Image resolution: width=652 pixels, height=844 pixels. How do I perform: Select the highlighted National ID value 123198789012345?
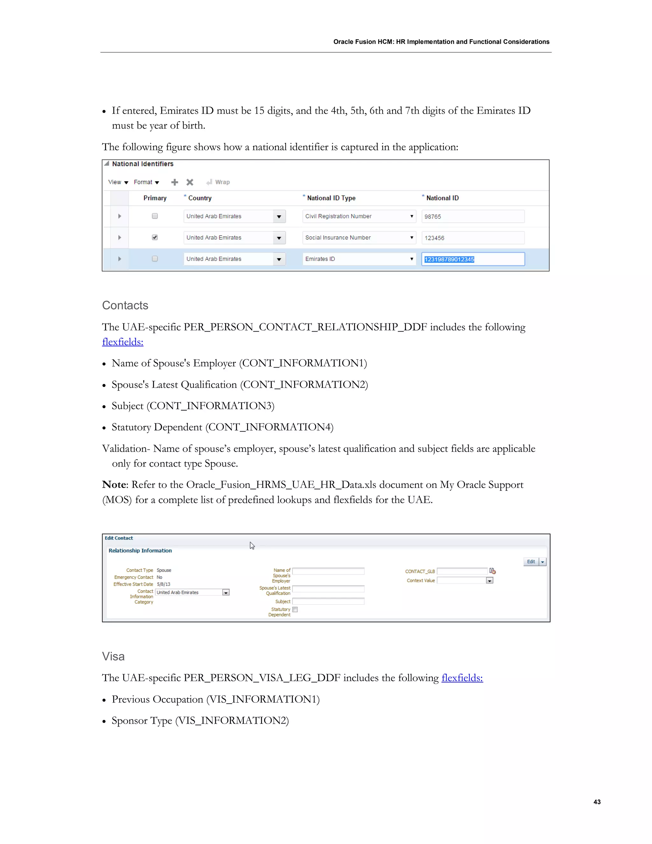point(449,259)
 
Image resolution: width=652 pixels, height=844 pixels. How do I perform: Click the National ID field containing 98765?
point(472,216)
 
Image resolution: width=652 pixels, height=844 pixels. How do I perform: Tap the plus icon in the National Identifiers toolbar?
point(174,182)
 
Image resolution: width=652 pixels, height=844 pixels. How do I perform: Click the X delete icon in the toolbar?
point(190,182)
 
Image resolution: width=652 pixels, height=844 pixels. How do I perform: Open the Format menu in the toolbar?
point(146,182)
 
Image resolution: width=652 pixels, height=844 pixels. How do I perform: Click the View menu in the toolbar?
point(117,182)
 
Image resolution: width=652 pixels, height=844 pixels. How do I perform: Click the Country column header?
point(200,198)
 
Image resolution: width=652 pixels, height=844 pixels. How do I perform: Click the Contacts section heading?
point(125,305)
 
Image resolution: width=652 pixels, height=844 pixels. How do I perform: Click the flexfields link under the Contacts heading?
point(123,342)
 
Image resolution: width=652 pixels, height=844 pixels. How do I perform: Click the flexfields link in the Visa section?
point(462,678)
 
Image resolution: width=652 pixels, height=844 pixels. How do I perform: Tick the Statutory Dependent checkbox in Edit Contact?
point(295,609)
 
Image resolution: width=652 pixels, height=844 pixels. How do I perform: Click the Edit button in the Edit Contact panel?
point(531,561)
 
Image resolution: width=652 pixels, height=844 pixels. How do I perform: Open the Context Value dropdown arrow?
point(489,580)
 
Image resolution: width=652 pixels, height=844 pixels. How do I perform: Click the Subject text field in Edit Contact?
point(328,601)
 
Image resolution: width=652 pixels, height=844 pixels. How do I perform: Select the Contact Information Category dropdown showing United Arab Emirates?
point(192,592)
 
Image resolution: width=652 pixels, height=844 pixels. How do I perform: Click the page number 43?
point(597,802)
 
